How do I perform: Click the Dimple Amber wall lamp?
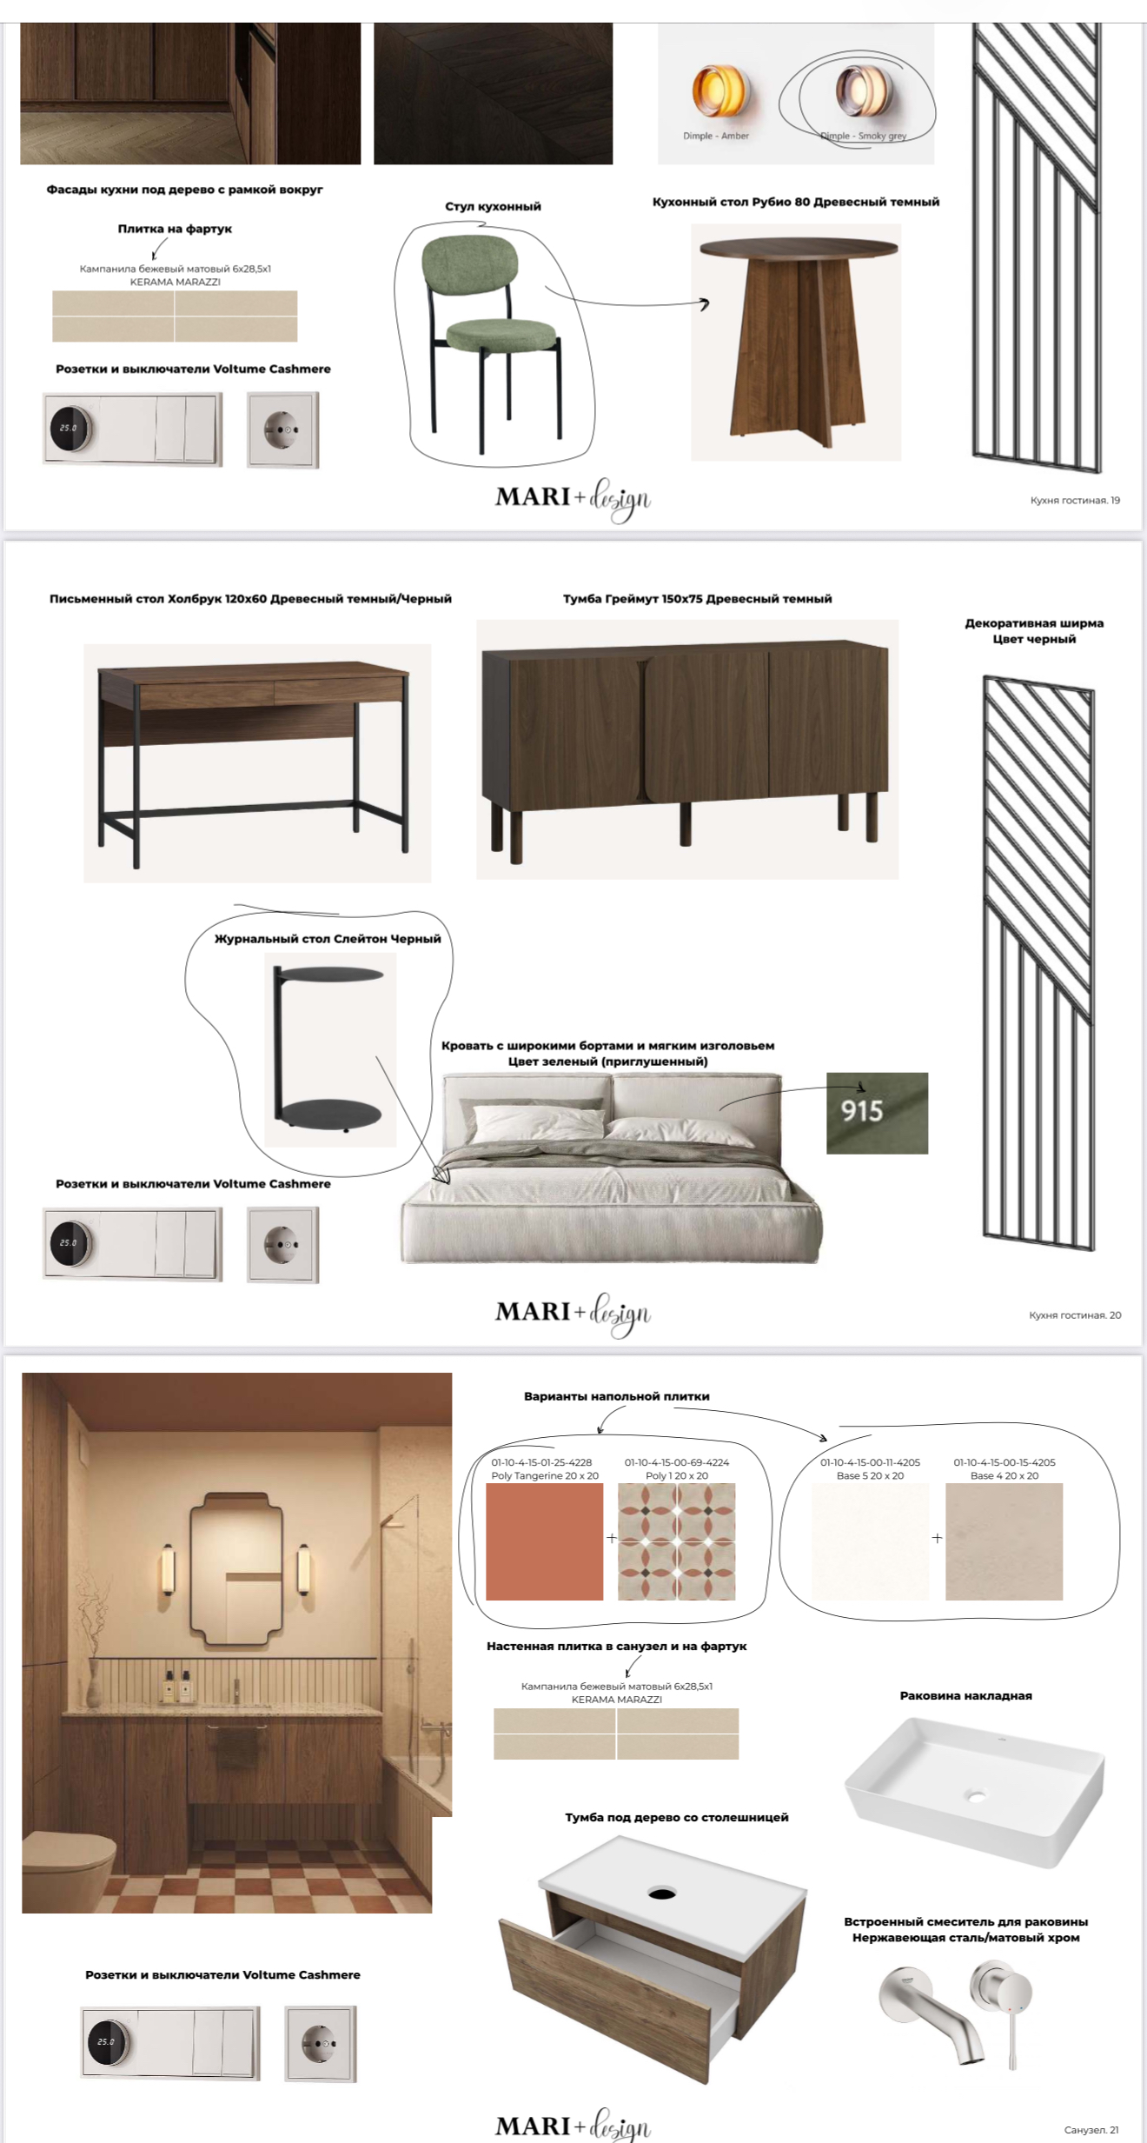[718, 91]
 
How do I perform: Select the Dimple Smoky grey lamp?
[858, 90]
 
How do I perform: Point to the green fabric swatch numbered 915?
[877, 1113]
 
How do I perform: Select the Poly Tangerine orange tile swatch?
[544, 1541]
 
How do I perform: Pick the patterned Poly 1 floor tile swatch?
[676, 1541]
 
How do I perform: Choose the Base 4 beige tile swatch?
[1004, 1541]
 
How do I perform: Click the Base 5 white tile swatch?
[870, 1541]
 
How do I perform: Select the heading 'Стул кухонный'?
[493, 207]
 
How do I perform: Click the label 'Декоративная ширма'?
[1034, 623]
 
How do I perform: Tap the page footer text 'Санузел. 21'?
[1091, 2130]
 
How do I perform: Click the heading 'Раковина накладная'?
[965, 1695]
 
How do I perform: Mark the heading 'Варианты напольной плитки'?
[616, 1396]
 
